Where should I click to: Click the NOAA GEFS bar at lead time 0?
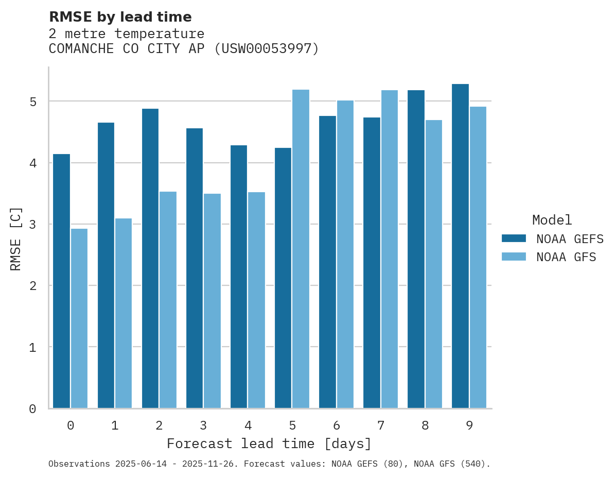61,281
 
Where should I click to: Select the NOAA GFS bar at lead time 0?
79,318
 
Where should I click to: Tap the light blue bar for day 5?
301,249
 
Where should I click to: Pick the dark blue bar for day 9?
460,246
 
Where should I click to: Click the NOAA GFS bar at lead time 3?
212,301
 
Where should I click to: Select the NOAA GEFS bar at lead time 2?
150,259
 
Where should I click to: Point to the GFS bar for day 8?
433,264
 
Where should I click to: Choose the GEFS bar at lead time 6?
327,262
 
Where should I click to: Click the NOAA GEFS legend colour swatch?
514,238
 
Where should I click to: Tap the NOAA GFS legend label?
566,257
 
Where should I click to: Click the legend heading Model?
552,220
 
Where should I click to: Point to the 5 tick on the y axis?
33,101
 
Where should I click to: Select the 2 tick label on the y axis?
33,286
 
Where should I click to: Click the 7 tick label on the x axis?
380,425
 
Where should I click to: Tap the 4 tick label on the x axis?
248,425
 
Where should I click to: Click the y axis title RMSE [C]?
16,238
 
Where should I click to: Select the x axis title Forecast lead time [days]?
269,443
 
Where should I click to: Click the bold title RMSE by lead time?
120,17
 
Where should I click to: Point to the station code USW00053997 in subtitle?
266,49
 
